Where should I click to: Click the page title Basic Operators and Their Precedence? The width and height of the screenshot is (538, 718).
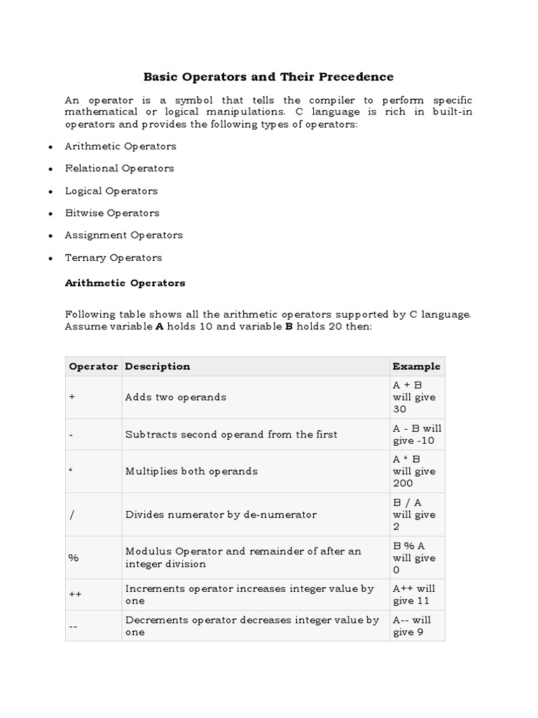(269, 76)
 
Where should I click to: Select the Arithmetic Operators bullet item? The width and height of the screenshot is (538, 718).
(120, 147)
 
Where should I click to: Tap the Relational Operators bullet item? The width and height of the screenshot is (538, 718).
(119, 168)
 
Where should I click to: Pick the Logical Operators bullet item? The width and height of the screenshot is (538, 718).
(111, 191)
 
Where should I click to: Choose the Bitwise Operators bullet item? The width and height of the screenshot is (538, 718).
(112, 213)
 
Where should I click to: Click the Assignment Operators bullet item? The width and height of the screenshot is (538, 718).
(124, 236)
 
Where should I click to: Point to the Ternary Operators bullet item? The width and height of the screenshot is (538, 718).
(113, 258)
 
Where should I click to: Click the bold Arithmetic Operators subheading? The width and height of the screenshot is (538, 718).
(125, 283)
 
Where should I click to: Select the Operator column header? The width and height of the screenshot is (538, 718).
(93, 366)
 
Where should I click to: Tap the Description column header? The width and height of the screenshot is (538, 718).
(158, 366)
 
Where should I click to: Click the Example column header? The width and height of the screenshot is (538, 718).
(416, 366)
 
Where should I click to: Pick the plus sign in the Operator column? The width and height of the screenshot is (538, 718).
(72, 397)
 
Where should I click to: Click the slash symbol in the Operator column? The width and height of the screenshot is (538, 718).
(71, 515)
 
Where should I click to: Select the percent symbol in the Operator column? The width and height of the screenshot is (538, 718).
(74, 558)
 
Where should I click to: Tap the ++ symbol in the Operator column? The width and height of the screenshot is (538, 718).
(75, 595)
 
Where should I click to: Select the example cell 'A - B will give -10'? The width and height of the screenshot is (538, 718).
(417, 434)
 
